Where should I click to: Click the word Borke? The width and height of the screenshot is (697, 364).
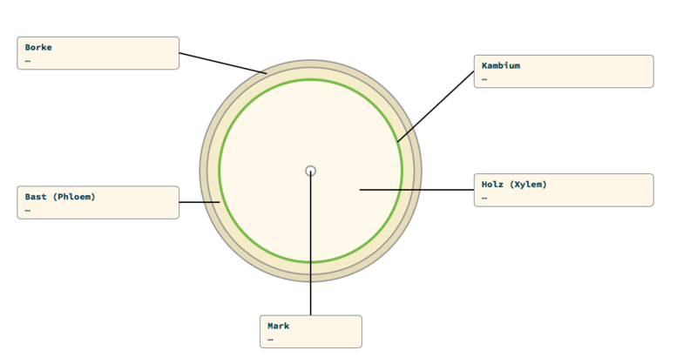(39, 47)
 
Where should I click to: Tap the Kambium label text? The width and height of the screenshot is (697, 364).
(501, 65)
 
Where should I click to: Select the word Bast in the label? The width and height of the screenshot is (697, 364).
(36, 197)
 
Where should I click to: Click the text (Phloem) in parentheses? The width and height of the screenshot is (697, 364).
(74, 197)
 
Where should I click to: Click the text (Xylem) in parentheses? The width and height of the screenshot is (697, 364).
(528, 185)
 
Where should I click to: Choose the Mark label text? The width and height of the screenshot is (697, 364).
(279, 326)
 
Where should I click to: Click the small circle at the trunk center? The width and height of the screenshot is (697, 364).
(310, 171)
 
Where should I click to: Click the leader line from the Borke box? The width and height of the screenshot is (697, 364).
(222, 64)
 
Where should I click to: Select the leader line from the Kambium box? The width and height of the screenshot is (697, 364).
(436, 106)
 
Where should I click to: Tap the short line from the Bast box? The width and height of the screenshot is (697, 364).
(199, 202)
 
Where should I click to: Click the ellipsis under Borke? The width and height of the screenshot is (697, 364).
(28, 61)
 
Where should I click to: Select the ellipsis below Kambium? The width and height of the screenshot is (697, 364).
(484, 79)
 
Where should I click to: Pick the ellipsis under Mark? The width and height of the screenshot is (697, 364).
(271, 340)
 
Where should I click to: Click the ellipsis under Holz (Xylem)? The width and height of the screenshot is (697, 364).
(484, 198)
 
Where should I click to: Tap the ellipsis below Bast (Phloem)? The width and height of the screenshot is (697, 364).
(28, 210)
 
